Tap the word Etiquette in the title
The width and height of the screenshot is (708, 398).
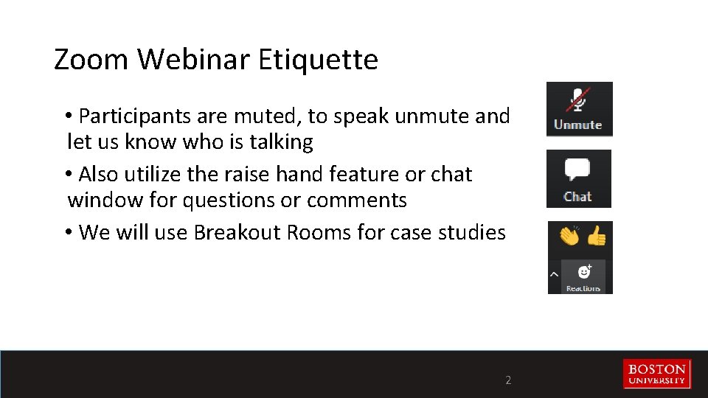tap(318, 60)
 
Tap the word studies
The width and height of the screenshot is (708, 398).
tap(468, 233)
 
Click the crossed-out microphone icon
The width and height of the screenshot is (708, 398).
tap(578, 101)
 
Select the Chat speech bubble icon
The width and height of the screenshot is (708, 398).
tap(577, 170)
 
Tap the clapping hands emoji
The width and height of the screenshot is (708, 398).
tap(569, 236)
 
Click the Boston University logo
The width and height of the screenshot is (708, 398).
tap(656, 374)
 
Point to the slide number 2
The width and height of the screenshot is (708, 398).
tap(507, 381)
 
